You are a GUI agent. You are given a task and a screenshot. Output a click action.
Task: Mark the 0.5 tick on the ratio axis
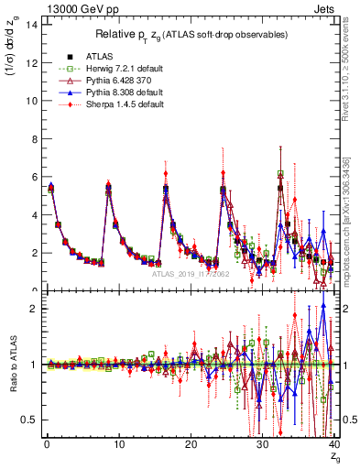(30, 420)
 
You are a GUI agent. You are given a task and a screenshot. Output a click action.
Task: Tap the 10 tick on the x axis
(118, 443)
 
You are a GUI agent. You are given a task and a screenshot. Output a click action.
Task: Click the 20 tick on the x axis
(190, 443)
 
